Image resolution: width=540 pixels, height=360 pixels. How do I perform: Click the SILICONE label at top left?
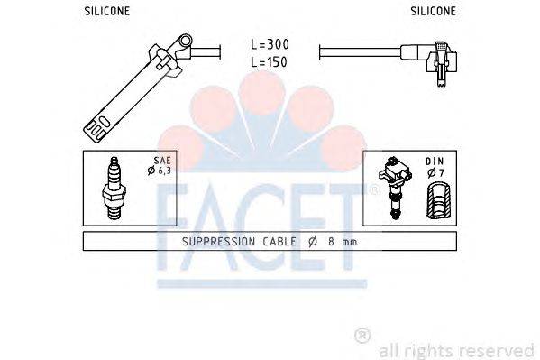tap(106, 11)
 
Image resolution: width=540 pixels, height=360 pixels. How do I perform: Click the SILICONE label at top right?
tap(434, 11)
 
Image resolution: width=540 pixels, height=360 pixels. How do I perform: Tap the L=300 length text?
tap(271, 43)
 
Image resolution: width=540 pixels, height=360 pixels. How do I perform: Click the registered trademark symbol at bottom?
tap(362, 336)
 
